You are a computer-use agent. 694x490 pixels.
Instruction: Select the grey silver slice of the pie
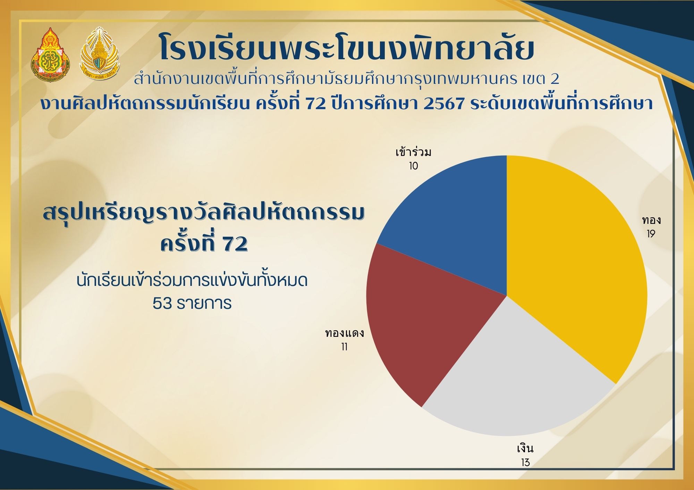pyautogui.click(x=517, y=374)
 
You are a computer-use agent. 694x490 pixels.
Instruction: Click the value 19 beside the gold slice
pyautogui.click(x=651, y=234)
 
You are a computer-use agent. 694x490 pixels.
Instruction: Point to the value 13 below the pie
pyautogui.click(x=525, y=463)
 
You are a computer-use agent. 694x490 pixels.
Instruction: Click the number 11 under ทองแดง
pyautogui.click(x=344, y=347)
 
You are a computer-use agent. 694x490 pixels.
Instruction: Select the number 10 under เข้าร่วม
pyautogui.click(x=413, y=166)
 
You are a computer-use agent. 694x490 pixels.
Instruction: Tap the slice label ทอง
pyautogui.click(x=651, y=220)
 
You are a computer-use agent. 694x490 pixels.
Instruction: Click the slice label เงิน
pyautogui.click(x=525, y=449)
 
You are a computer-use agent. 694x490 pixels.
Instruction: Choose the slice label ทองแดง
pyautogui.click(x=344, y=333)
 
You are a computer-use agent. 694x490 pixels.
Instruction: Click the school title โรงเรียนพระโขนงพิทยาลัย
pyautogui.click(x=346, y=51)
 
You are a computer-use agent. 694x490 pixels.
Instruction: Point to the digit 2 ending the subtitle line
pyautogui.click(x=555, y=80)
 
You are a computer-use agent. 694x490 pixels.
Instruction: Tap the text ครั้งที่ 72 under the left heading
pyautogui.click(x=204, y=244)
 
